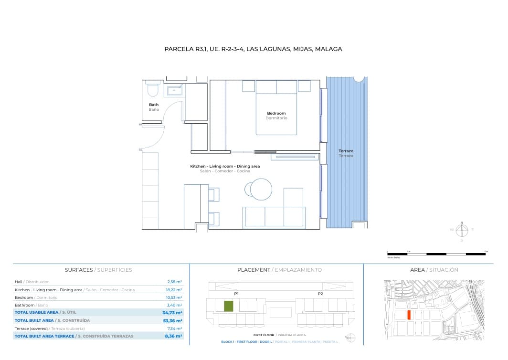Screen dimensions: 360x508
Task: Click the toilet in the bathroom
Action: click(153, 90)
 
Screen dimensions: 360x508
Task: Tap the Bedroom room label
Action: click(276, 113)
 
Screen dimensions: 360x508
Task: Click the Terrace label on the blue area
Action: click(346, 151)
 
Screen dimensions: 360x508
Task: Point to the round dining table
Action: click(261, 189)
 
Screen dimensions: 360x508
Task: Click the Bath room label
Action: click(154, 105)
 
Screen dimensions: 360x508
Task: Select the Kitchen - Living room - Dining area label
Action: click(225, 166)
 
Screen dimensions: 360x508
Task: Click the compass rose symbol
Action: click(462, 231)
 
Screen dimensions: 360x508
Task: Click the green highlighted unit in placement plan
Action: click(229, 306)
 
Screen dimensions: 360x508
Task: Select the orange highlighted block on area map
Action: click(409, 315)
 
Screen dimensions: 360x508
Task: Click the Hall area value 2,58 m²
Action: click(174, 282)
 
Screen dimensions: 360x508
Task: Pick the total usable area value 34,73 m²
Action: click(172, 312)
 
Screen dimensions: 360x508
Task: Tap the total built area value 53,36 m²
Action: click(172, 320)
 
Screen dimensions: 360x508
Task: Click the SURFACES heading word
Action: click(79, 270)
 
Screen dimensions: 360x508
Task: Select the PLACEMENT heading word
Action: click(254, 270)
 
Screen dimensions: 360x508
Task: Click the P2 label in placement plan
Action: click(320, 294)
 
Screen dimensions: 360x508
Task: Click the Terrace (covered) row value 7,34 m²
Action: click(174, 328)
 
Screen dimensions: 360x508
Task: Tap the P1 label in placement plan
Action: click(236, 294)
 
